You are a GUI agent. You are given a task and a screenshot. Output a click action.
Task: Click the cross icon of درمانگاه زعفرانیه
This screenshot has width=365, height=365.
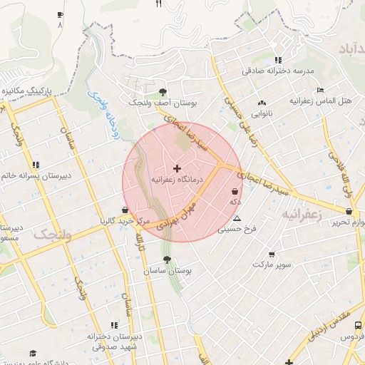[178, 168]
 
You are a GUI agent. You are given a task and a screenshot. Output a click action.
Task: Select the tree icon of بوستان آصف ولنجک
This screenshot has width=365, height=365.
[163, 91]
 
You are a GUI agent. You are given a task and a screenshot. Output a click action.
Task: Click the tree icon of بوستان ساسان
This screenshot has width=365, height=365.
[168, 259]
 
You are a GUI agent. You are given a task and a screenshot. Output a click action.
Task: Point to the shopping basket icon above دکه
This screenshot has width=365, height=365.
[235, 191]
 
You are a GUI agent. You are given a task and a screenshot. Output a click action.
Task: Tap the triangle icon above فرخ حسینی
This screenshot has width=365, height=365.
[237, 218]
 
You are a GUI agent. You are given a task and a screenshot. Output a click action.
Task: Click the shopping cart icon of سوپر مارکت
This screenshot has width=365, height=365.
[272, 254]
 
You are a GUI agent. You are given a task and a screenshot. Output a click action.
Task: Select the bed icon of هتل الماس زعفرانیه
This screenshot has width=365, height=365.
[321, 90]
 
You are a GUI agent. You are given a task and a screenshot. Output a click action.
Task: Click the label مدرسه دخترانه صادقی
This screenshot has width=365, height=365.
[277, 71]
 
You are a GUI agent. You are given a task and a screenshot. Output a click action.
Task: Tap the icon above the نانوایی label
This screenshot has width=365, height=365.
[262, 102]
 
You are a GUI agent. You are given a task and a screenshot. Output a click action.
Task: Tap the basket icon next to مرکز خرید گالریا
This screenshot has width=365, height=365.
[126, 210]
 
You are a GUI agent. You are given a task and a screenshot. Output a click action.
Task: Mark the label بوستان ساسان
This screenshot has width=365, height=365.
[168, 272]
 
